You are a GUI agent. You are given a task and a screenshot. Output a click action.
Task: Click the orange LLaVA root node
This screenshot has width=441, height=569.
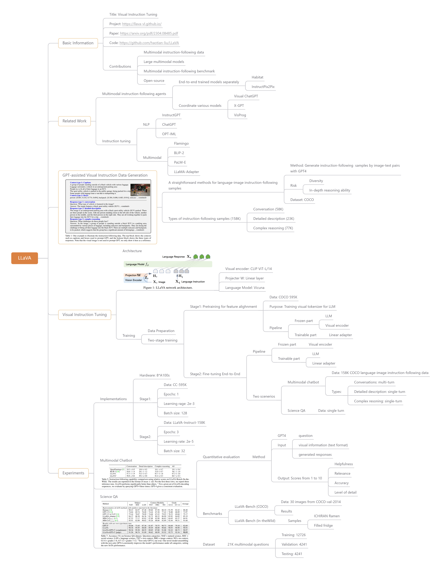click(x=25, y=258)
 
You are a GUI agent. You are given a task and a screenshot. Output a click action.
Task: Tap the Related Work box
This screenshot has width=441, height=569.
click(x=74, y=121)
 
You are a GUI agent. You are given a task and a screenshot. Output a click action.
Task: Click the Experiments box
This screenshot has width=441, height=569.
click(x=73, y=473)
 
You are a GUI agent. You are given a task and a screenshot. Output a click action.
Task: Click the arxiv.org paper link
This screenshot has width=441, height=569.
click(x=149, y=33)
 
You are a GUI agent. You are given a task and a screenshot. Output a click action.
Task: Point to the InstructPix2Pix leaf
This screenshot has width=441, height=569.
click(x=263, y=87)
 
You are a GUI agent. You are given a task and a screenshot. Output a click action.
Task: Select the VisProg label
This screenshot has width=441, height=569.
click(x=240, y=115)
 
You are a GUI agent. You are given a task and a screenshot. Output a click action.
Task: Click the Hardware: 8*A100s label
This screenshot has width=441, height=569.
click(x=154, y=375)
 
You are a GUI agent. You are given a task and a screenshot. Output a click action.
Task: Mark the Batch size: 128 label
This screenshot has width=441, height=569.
click(x=175, y=413)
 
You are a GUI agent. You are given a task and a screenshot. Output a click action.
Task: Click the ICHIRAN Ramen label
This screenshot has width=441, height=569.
click(x=326, y=516)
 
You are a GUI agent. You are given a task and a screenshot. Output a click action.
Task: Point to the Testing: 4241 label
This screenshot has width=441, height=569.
click(x=292, y=554)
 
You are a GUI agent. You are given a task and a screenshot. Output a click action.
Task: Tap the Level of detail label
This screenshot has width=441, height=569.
click(x=345, y=492)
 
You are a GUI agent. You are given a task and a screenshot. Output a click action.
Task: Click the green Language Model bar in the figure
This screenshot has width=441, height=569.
click(x=168, y=264)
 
